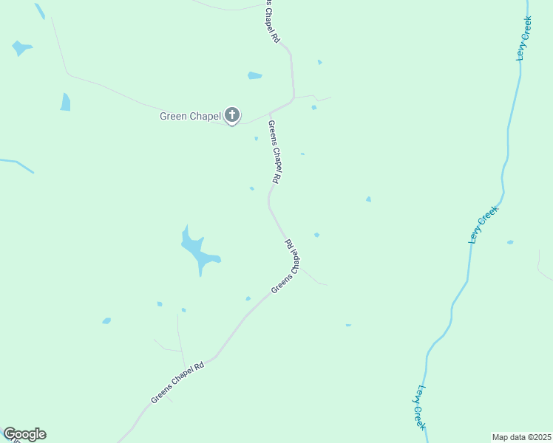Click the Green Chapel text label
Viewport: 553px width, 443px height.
(x=190, y=116)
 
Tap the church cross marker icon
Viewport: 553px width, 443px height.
(x=232, y=115)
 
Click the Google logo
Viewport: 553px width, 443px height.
(x=24, y=434)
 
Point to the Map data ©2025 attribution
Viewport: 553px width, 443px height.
(x=520, y=436)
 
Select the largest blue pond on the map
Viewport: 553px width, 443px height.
(x=198, y=250)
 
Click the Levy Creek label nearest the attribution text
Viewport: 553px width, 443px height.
(x=419, y=407)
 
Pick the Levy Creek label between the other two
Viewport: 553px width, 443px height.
(x=484, y=224)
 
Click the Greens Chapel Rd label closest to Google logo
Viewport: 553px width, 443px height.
(x=177, y=382)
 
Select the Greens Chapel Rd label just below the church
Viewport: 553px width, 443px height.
(x=274, y=152)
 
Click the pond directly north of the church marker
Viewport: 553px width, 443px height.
(x=254, y=75)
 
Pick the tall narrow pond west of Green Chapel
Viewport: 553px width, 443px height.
(x=65, y=102)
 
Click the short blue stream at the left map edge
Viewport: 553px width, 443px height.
(x=16, y=164)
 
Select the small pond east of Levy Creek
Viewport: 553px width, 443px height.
(x=510, y=242)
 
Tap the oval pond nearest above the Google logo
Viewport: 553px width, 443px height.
(x=106, y=321)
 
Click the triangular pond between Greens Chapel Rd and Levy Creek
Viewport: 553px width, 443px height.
(x=368, y=199)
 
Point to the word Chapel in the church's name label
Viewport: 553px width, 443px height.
(x=206, y=116)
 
